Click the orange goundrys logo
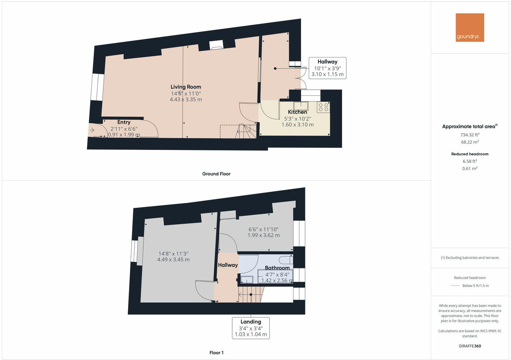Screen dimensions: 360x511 click(x=469, y=27)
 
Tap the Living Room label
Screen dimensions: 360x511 click(x=186, y=87)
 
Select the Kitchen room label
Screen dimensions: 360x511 click(x=297, y=112)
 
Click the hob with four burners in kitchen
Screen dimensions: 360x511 click(x=323, y=107)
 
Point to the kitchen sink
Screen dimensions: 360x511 click(x=301, y=106)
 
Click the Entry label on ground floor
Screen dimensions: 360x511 click(x=124, y=122)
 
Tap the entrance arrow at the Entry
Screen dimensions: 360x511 click(x=92, y=130)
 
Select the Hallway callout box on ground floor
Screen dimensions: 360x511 click(x=327, y=68)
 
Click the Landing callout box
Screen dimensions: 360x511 click(x=251, y=328)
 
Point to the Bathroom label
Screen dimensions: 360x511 click(x=277, y=268)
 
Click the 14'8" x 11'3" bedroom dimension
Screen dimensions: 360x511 click(x=173, y=257)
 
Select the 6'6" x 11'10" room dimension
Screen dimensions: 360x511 click(x=263, y=232)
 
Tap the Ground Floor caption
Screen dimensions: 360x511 click(x=216, y=174)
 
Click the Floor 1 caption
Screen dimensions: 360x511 click(x=216, y=353)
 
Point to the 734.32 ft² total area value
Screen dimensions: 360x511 click(x=469, y=135)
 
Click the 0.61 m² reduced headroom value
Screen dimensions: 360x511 click(x=469, y=169)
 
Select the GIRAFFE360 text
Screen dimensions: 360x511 click(x=469, y=346)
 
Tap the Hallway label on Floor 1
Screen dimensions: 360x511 click(x=228, y=265)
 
